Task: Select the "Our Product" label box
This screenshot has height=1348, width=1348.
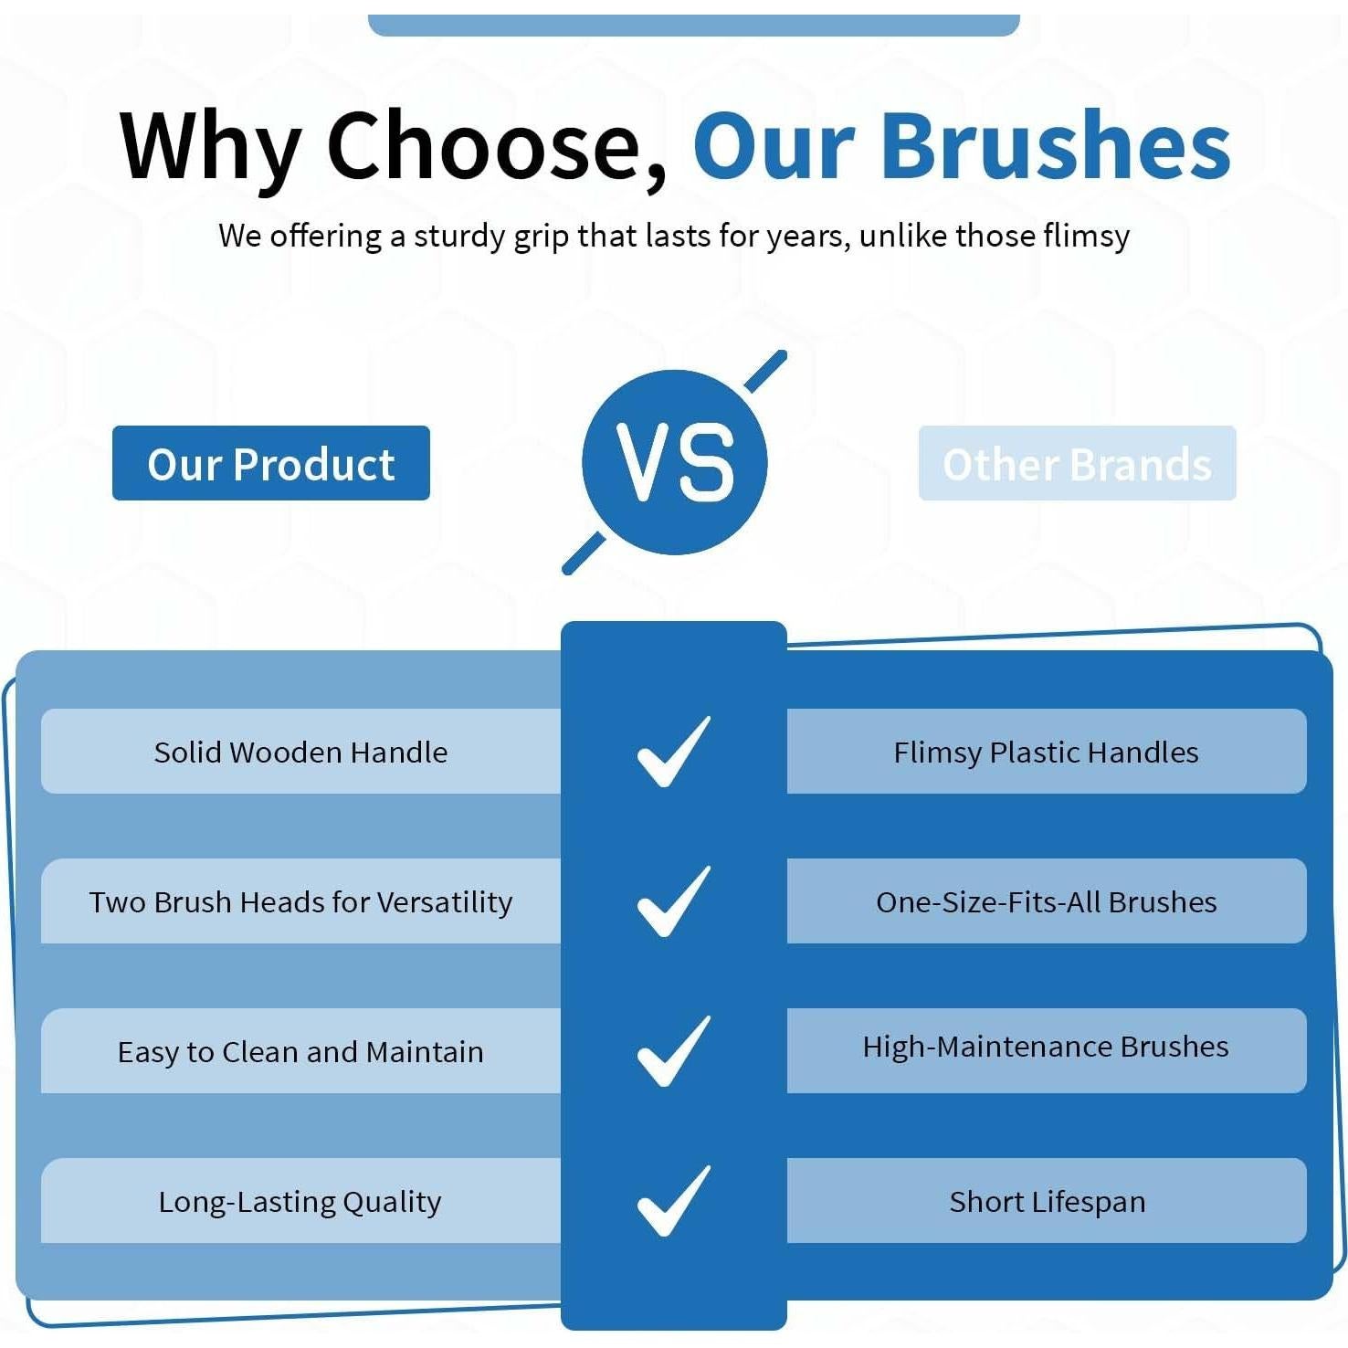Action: click(271, 463)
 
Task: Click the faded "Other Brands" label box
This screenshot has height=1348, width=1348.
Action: click(1078, 463)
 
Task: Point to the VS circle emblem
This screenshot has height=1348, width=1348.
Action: click(675, 462)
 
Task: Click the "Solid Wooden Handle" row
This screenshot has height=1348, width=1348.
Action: click(300, 751)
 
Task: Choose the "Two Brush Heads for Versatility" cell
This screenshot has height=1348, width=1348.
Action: click(300, 900)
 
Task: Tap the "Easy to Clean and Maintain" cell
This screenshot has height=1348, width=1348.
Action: click(300, 1050)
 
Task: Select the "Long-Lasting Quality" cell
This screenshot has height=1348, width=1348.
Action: click(300, 1200)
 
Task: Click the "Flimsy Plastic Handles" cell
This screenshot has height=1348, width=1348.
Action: click(1047, 751)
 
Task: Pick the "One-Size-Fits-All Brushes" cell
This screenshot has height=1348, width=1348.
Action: click(1047, 900)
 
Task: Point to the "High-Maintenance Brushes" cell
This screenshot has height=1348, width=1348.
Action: click(1047, 1050)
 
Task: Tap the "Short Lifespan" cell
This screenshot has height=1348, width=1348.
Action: click(1047, 1200)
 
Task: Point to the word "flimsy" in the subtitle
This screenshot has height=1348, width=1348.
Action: click(1087, 237)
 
